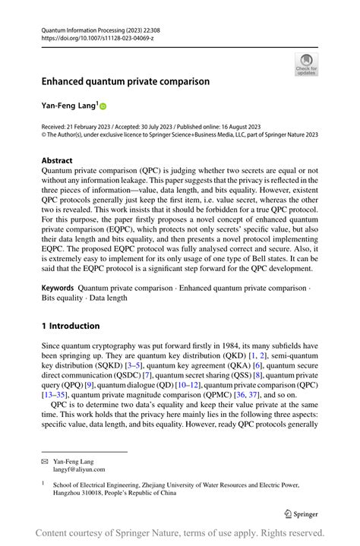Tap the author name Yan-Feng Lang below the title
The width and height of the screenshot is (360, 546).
tap(68, 106)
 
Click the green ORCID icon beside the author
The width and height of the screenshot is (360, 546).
tap(103, 107)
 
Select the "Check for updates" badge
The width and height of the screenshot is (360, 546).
tap(306, 64)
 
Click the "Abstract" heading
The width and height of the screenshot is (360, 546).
tap(57, 161)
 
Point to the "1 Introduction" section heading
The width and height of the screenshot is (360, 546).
tap(71, 326)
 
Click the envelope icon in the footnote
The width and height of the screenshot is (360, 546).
tap(45, 462)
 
